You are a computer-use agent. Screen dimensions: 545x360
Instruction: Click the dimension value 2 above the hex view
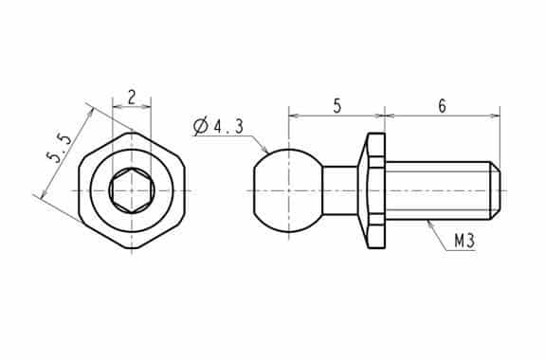click(132, 98)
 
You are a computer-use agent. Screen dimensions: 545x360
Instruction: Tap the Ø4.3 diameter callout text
click(219, 127)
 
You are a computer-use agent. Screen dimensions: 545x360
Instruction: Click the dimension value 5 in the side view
click(336, 106)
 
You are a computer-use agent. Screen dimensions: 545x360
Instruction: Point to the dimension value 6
click(442, 106)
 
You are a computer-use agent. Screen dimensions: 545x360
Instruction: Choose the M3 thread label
click(464, 241)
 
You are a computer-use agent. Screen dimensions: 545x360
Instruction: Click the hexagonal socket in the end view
click(132, 190)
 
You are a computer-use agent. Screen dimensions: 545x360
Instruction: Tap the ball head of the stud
click(288, 190)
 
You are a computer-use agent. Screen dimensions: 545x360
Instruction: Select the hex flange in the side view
click(372, 190)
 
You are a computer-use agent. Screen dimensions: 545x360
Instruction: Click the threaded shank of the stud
click(439, 190)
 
